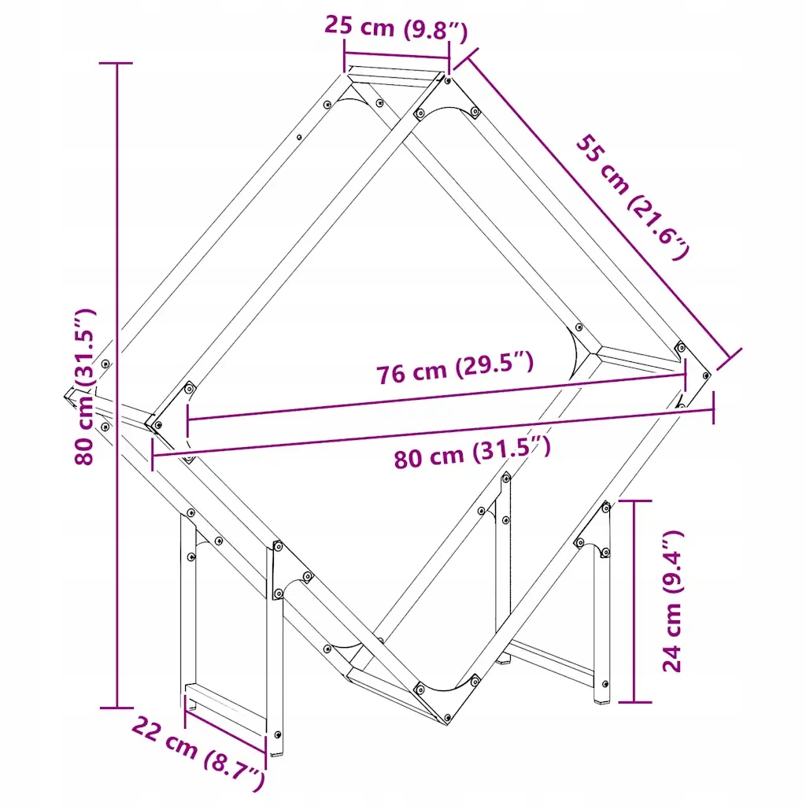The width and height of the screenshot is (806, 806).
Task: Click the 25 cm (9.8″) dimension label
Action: (396, 28)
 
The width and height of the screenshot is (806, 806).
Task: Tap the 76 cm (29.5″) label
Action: (455, 367)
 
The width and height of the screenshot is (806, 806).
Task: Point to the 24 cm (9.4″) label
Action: (672, 601)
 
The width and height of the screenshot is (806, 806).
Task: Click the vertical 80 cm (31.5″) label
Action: (85, 387)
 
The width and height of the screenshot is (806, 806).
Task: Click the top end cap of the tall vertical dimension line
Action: (116, 63)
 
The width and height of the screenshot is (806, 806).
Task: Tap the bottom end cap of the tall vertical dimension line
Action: (116, 708)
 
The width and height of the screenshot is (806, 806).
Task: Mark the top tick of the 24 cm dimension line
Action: (635, 500)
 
